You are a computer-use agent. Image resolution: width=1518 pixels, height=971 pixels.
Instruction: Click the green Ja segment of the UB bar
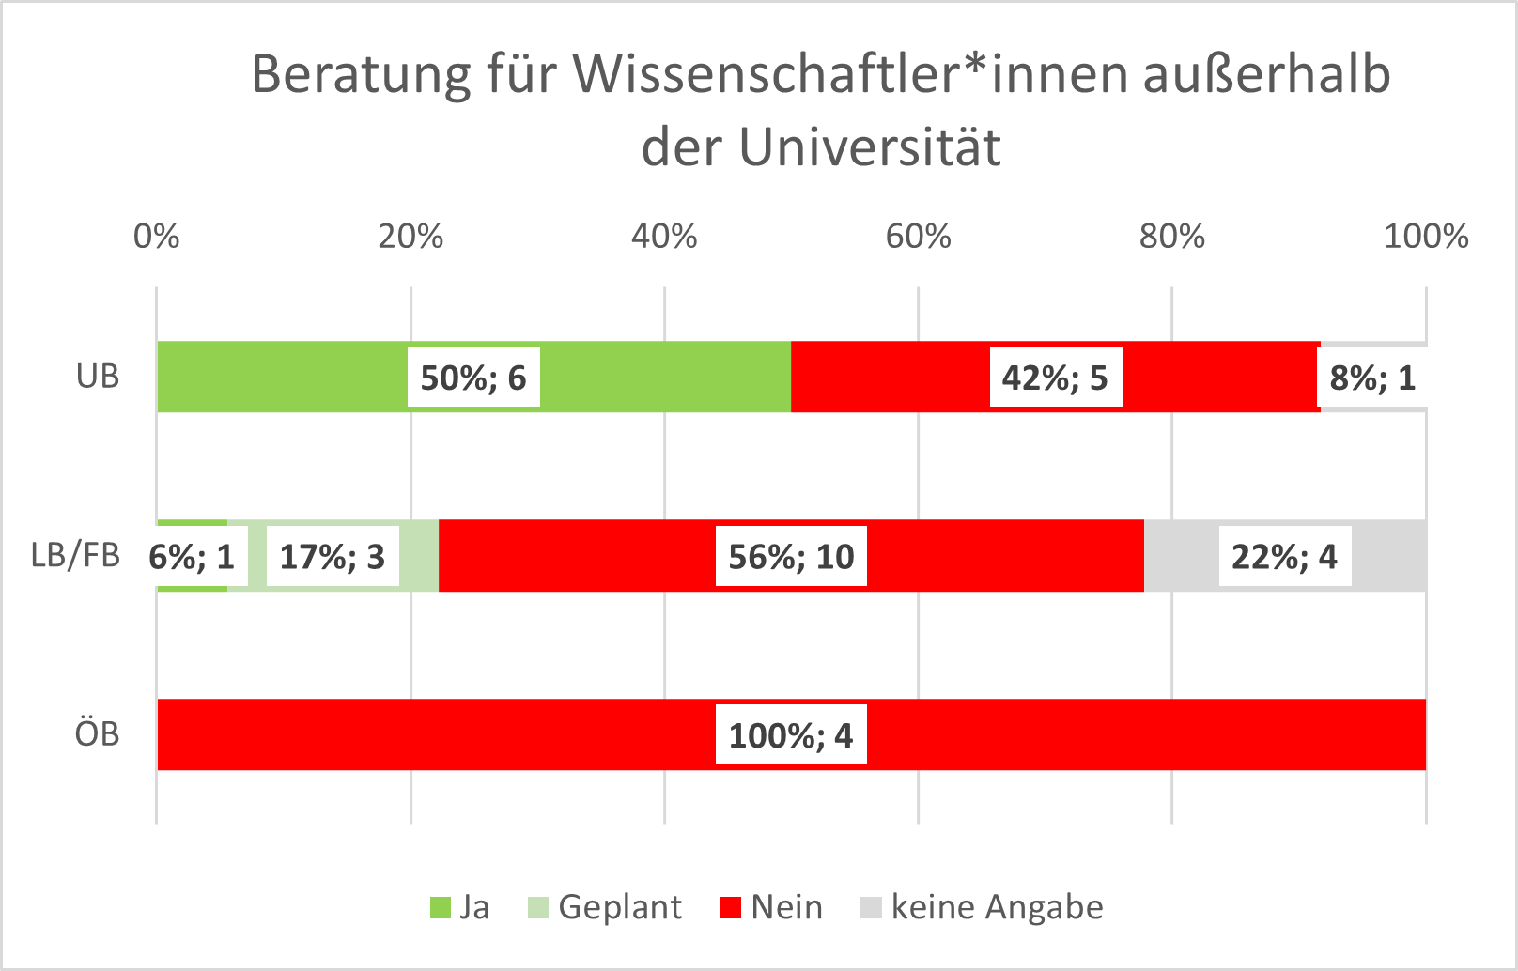[282, 377]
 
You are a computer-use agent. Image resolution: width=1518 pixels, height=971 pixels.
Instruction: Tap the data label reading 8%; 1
[1371, 378]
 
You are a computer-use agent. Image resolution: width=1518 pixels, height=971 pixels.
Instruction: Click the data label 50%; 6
[473, 378]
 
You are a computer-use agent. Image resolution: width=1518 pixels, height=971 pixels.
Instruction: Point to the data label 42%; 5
[1055, 378]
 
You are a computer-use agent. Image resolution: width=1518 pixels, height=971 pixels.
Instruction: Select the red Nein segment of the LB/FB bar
[582, 556]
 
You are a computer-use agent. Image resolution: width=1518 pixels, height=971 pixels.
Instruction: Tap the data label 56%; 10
[791, 557]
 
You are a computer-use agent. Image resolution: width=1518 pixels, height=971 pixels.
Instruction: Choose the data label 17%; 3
[333, 557]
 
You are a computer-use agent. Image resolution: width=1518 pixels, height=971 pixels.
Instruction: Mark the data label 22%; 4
[1284, 557]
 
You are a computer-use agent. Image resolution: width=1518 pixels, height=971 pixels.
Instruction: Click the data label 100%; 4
[791, 735]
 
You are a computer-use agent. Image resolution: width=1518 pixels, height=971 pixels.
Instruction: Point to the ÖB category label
[98, 733]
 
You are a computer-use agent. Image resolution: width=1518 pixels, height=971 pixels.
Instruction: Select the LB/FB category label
[76, 555]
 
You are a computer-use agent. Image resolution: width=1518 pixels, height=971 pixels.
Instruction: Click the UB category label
[98, 377]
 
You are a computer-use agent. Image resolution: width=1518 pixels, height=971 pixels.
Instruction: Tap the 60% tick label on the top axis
[918, 236]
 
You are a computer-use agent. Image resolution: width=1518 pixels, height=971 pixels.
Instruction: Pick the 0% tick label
[156, 236]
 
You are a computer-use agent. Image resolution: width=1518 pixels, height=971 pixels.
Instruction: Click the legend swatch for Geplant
[538, 908]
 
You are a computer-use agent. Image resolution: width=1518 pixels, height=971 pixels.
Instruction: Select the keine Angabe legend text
[997, 907]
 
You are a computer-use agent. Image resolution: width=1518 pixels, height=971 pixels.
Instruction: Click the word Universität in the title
[870, 146]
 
